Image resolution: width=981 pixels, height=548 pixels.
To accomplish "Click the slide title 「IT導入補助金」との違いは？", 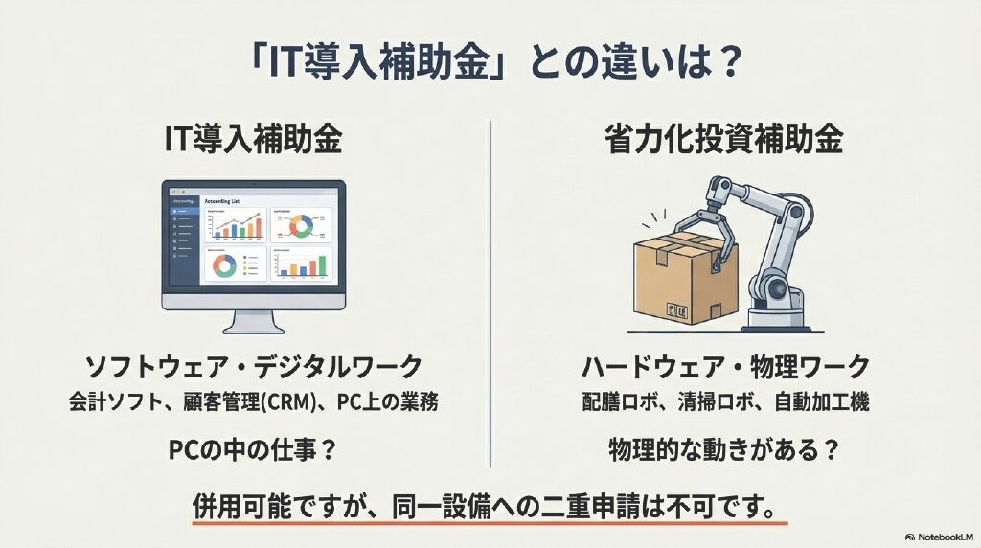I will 490,64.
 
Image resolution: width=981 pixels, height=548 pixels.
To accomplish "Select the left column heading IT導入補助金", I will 253,142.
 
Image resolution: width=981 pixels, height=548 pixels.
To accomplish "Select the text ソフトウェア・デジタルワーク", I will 253,367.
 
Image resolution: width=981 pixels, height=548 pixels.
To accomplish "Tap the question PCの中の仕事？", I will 253,448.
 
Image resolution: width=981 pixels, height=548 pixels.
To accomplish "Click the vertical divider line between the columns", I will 490,287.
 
